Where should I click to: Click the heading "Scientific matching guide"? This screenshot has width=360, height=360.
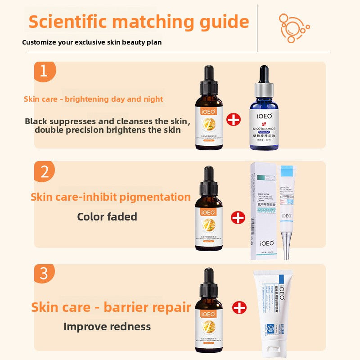139,22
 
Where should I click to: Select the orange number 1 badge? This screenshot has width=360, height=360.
44,71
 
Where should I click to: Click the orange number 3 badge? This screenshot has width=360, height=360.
44,274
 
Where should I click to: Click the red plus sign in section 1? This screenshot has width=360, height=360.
234,120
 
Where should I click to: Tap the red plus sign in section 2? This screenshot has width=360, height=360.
238,218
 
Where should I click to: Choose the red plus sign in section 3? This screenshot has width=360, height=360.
239,308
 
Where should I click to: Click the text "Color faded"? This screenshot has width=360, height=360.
107,217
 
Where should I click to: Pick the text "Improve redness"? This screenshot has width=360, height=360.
107,327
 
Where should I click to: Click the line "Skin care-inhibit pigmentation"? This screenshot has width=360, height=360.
111,197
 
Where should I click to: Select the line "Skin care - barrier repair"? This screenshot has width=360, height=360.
111,307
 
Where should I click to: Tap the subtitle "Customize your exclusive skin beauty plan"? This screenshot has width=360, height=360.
92,42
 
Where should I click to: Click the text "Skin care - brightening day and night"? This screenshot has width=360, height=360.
93,99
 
